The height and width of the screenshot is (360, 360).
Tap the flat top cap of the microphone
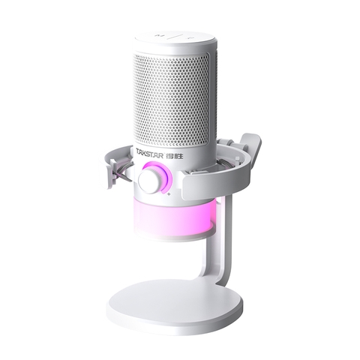point(180,36)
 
